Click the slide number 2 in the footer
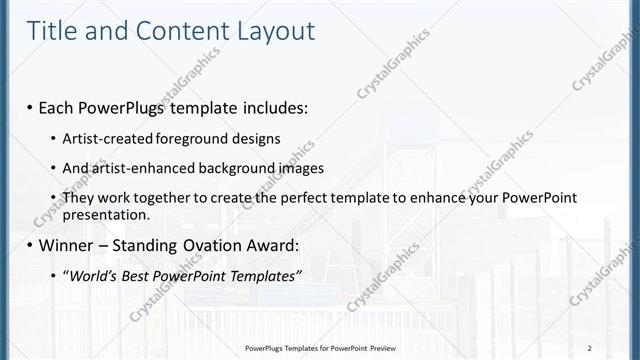[x=591, y=347]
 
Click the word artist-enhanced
[x=136, y=168]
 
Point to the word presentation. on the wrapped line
[x=106, y=214]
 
